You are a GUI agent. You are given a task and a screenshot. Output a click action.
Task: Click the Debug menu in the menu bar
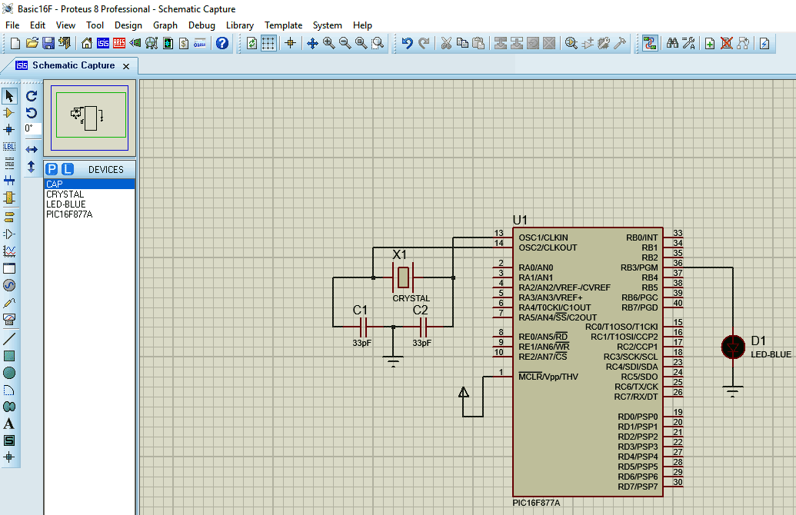point(201,25)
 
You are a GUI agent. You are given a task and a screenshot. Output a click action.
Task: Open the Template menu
point(283,25)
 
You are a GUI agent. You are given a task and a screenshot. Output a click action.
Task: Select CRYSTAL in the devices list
point(65,194)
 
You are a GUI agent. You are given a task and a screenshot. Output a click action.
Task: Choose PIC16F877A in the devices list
point(69,214)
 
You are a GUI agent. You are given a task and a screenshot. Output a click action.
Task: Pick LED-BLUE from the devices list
point(66,204)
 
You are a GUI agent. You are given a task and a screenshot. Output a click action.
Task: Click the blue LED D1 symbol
point(733,347)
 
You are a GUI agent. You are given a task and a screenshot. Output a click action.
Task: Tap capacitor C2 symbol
point(422,326)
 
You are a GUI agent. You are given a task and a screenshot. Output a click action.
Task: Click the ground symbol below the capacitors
point(394,360)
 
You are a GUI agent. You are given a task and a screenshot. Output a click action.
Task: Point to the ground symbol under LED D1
point(733,392)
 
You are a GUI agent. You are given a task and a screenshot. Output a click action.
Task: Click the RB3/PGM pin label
point(639,267)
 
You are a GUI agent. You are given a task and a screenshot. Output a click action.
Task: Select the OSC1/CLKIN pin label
point(543,238)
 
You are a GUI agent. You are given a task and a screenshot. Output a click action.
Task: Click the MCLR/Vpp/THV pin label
point(548,377)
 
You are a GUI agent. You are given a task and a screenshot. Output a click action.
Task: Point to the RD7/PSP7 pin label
point(638,487)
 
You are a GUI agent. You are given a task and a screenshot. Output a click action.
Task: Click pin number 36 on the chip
point(678,263)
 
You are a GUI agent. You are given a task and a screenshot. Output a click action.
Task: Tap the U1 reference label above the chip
point(521,220)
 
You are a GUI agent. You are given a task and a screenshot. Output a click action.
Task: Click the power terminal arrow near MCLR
point(464,392)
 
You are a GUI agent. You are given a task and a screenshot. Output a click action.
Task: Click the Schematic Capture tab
point(73,65)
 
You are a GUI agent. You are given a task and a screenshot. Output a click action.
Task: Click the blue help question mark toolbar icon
point(222,43)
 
